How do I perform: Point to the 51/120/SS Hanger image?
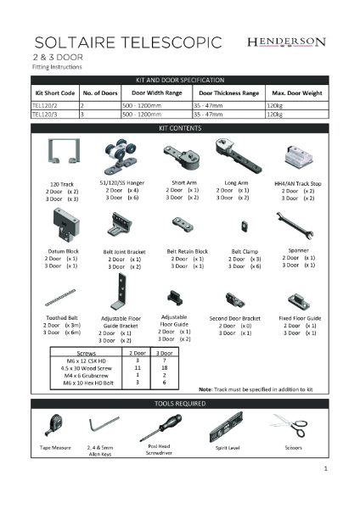coord(121,154)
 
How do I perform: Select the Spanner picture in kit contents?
coord(298,227)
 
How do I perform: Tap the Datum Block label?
coord(62,251)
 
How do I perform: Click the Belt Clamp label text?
coord(245,251)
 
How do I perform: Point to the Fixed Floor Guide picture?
coord(298,300)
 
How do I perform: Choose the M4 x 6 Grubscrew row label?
coord(87,376)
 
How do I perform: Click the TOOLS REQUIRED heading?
coord(179,404)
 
